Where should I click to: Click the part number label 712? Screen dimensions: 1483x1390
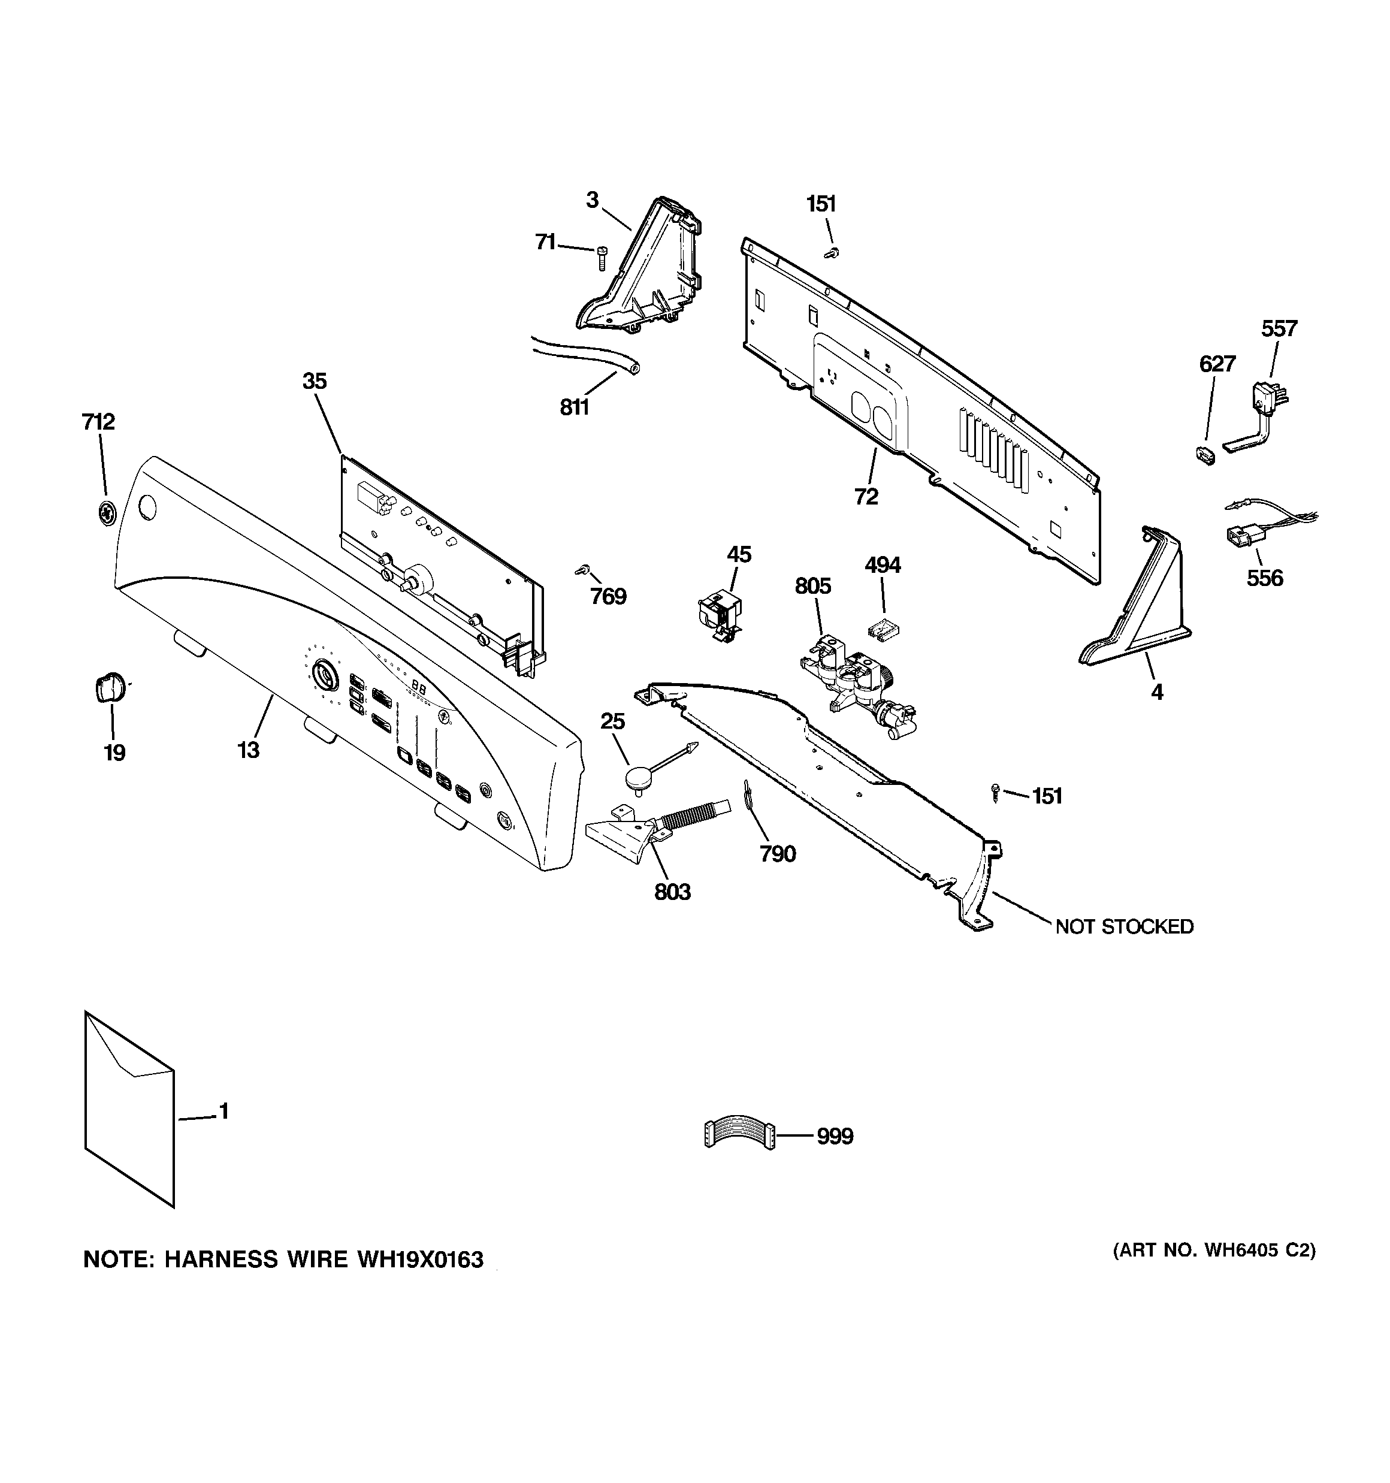click(x=98, y=422)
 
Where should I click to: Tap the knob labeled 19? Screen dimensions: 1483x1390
click(x=110, y=686)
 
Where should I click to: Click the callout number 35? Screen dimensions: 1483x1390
click(x=314, y=381)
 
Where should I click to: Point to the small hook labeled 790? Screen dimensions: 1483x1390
click(x=747, y=795)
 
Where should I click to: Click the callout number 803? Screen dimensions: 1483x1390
click(x=672, y=892)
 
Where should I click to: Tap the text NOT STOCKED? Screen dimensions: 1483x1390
click(x=1123, y=927)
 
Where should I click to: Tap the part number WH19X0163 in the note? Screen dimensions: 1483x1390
click(x=420, y=1260)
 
